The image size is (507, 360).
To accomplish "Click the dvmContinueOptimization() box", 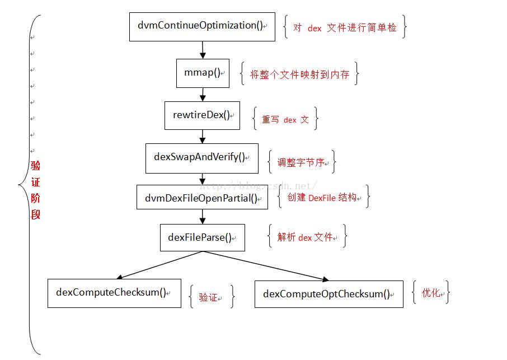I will coord(202,26).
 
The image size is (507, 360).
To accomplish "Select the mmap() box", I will coord(203,73).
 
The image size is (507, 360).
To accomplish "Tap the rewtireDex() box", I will coord(202,115).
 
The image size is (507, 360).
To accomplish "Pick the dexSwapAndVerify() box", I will coord(202,157).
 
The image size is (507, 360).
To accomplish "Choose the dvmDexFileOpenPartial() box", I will coord(202,198).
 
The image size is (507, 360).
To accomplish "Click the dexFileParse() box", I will coord(202,237).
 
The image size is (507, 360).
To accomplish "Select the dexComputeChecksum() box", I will coord(114,292).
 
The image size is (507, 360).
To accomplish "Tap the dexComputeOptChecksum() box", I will coord(328,294).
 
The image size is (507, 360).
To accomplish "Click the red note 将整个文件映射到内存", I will coord(299,74).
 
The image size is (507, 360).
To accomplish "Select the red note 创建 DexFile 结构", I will coord(323,198).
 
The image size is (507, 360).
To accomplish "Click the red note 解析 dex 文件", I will coord(307,237).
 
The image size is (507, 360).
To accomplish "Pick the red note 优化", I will coord(431,292).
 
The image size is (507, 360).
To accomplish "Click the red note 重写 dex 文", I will coord(285,119).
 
